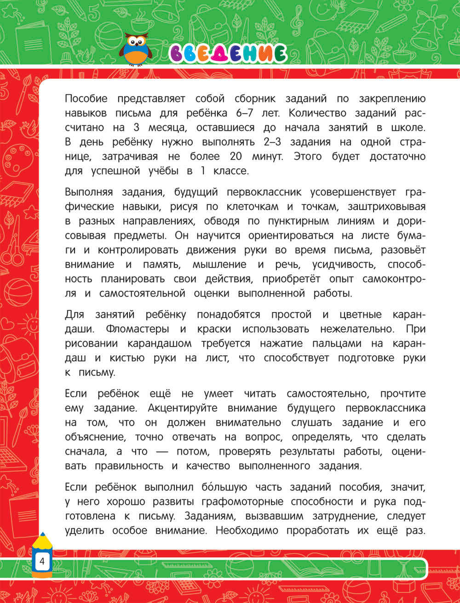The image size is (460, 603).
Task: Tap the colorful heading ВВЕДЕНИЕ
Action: (228, 54)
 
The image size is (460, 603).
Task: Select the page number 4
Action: (42, 561)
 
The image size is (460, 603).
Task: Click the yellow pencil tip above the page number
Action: (42, 537)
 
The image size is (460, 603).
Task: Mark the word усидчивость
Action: (338, 264)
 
